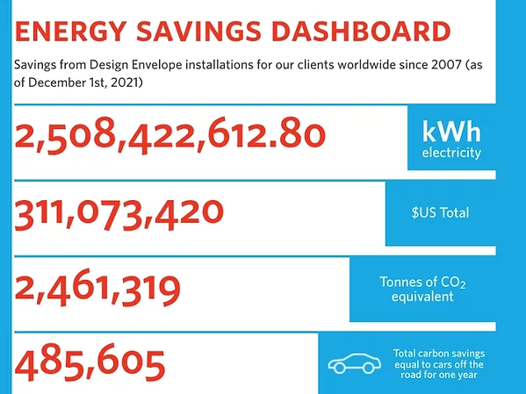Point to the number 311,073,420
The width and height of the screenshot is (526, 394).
click(x=119, y=213)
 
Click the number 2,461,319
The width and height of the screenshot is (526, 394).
click(x=97, y=290)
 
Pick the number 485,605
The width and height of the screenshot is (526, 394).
click(x=89, y=362)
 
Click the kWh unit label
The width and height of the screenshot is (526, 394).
click(x=451, y=132)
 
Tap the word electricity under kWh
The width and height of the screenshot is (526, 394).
click(x=451, y=154)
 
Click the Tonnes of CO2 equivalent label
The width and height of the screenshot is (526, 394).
click(x=429, y=289)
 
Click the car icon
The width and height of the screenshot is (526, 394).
click(x=351, y=364)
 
